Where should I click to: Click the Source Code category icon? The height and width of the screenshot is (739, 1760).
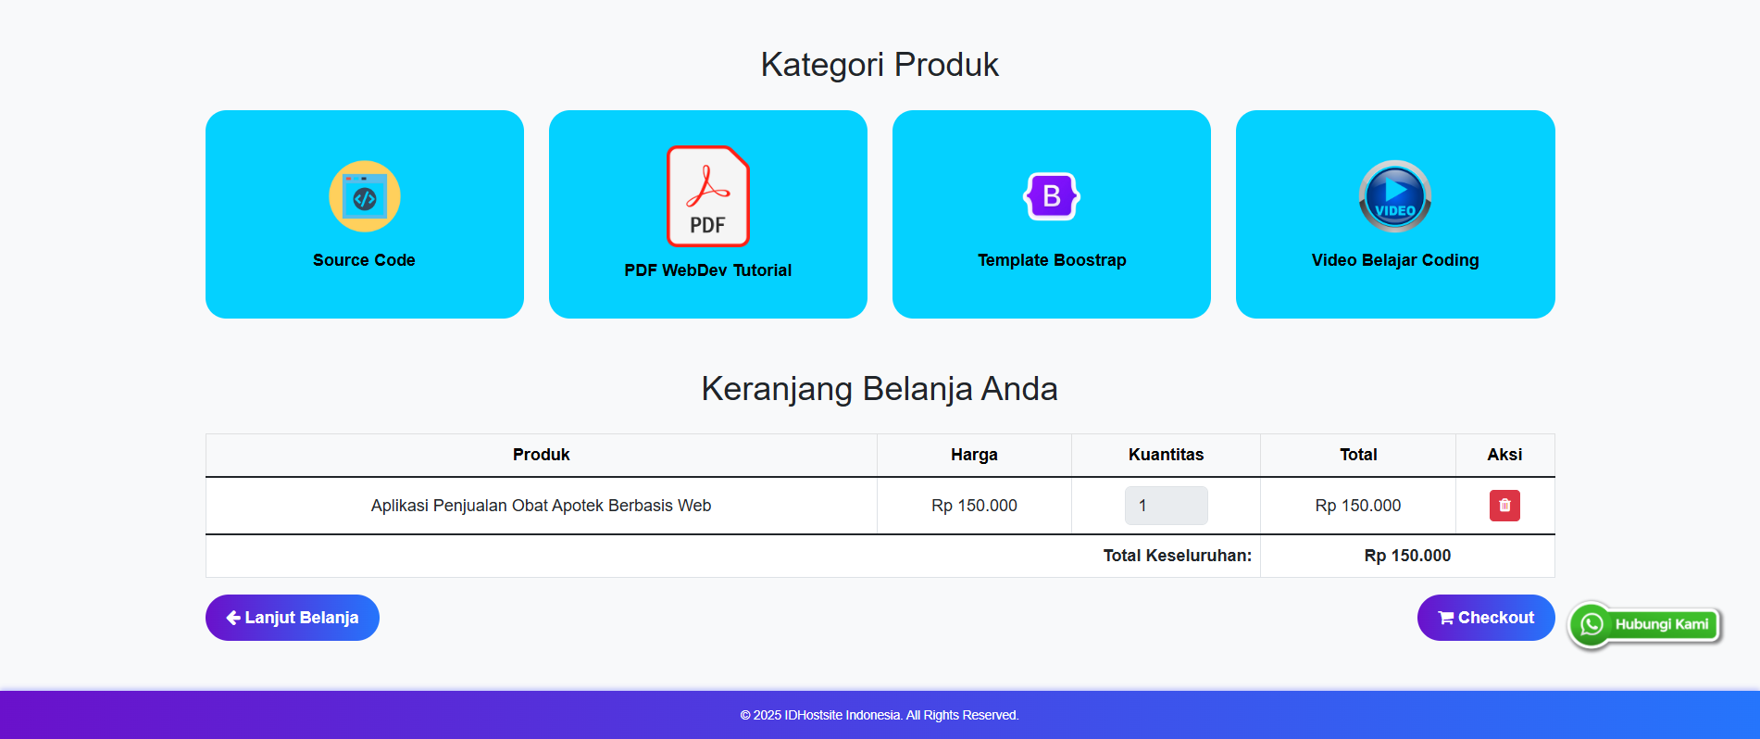pos(365,196)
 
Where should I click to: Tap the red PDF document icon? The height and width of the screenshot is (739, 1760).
pos(708,196)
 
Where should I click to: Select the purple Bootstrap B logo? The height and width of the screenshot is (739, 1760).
pos(1052,196)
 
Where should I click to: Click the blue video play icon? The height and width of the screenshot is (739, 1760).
pos(1395,196)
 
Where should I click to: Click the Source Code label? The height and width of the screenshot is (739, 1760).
pos(364,260)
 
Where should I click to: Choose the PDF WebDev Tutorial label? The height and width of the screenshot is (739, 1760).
pos(708,270)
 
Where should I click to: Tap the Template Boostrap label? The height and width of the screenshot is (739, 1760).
pos(1052,260)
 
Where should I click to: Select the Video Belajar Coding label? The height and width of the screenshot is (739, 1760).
pos(1395,260)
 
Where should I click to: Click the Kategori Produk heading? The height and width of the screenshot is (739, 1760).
pos(880,65)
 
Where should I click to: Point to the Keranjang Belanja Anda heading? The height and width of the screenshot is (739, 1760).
pos(880,389)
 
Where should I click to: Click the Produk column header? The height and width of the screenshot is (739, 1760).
pos(542,455)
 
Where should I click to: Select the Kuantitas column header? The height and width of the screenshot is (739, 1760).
pos(1166,455)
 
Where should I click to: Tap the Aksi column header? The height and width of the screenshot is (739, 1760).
pos(1504,455)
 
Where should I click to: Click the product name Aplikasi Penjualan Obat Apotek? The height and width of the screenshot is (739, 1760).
pos(541,506)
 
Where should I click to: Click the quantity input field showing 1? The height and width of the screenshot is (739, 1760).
pos(1166,506)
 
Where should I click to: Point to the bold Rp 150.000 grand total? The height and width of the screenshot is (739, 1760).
pos(1407,556)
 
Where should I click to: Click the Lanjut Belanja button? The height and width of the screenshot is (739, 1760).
pos(293,618)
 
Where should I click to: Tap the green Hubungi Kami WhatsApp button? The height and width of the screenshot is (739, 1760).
pos(1645,624)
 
